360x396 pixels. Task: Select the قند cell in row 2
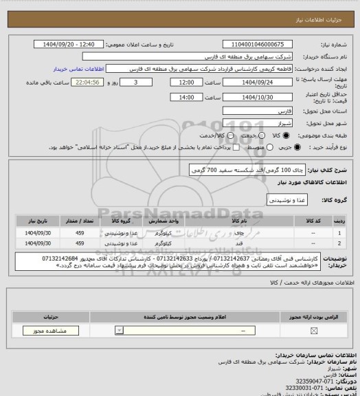coord(238,243)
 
